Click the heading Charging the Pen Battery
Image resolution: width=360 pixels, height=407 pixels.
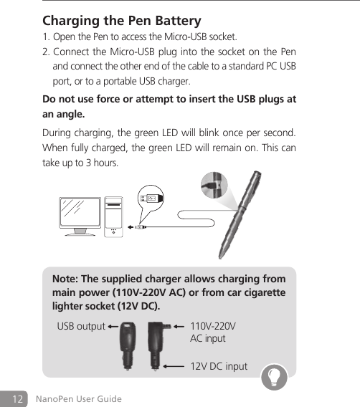coord(122,20)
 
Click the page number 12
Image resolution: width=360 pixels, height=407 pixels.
coord(19,398)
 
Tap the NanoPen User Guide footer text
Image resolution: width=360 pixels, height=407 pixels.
coord(79,398)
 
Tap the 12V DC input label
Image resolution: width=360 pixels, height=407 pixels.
coord(218,367)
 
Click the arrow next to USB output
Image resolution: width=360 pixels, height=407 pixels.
coord(113,327)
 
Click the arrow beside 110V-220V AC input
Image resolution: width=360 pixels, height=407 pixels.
coord(174,327)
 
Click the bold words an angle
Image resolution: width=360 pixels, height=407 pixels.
coord(64,114)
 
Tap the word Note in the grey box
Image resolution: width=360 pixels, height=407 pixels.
coord(67,278)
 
